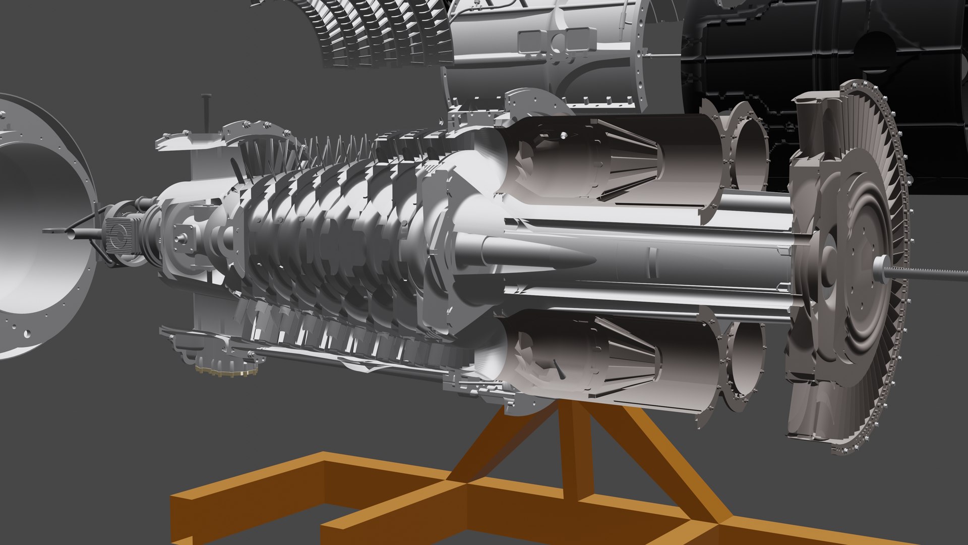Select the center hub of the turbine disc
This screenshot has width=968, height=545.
tap(852, 262)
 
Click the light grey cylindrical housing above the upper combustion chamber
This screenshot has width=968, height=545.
tap(544, 56)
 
